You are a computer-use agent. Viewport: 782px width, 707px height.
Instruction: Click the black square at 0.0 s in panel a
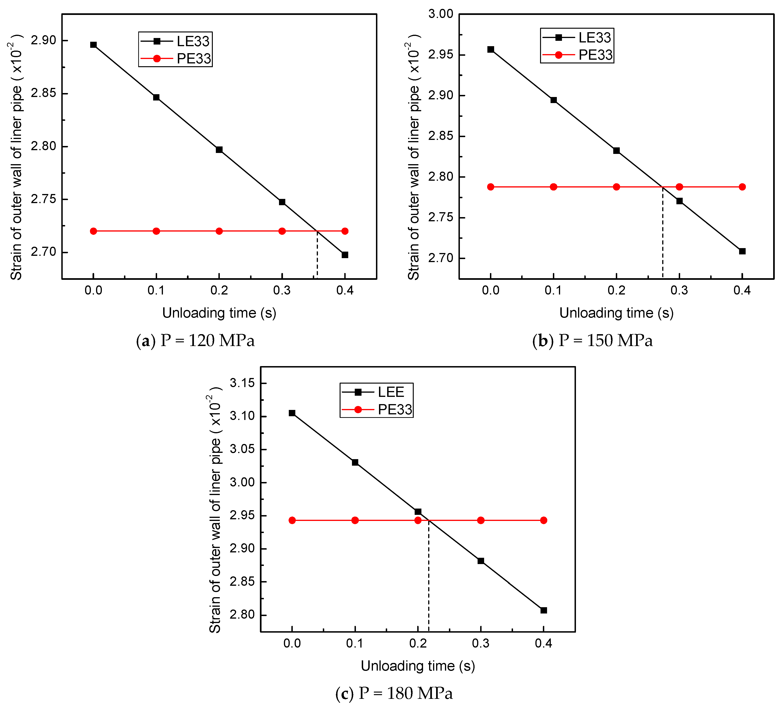click(x=93, y=45)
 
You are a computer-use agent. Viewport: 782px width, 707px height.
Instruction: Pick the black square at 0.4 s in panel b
click(x=742, y=251)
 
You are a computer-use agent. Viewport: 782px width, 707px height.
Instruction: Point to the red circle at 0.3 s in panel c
click(x=481, y=520)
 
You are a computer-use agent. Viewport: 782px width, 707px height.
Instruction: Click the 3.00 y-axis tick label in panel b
click(x=441, y=14)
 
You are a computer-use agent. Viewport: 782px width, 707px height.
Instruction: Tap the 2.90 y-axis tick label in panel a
click(x=43, y=40)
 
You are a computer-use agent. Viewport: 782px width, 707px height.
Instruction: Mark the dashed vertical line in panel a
click(x=317, y=256)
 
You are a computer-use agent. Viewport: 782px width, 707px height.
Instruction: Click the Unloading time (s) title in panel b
click(x=616, y=313)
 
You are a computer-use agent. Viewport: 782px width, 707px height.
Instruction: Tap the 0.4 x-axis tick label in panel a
click(x=345, y=290)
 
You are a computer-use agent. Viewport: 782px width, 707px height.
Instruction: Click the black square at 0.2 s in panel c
click(x=418, y=512)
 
